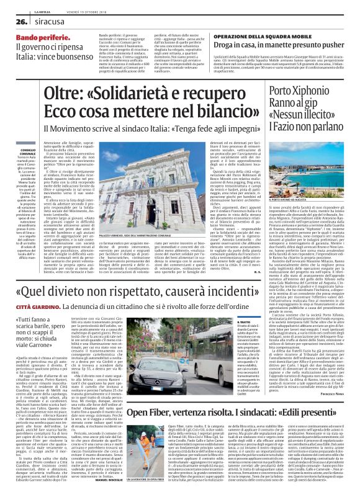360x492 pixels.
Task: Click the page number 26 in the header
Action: (12, 20)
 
